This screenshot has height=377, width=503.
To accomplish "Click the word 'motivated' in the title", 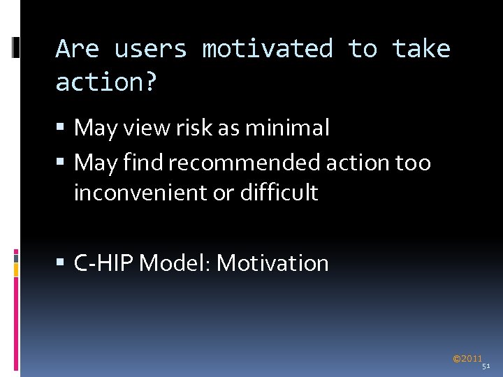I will [x=267, y=50].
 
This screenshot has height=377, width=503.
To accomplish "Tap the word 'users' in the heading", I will [x=150, y=50].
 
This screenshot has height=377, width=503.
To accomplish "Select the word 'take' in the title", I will [x=421, y=50].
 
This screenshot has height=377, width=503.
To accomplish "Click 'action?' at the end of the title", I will [x=106, y=83].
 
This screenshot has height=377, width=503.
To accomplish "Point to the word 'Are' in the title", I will [x=77, y=50].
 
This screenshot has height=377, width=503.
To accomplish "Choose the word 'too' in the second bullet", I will [x=413, y=163].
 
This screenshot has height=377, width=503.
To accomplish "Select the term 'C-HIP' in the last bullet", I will [x=104, y=263].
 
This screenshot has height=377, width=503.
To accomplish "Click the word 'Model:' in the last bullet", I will [x=177, y=263].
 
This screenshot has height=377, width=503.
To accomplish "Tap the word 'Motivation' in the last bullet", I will [x=272, y=263].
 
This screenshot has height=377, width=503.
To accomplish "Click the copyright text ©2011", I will [x=467, y=359].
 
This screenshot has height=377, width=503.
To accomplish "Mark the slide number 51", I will [x=486, y=366].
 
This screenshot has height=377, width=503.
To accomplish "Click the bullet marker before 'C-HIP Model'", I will [x=61, y=264].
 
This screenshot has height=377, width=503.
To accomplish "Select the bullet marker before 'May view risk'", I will [x=61, y=128].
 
